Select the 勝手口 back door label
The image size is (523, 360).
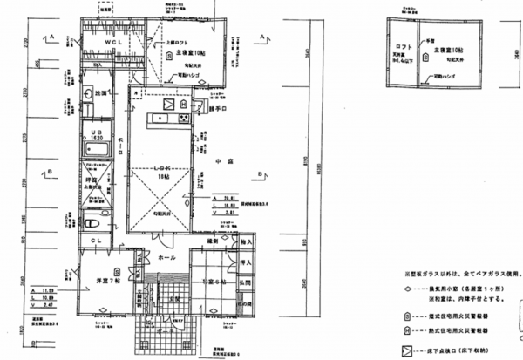click(217, 110)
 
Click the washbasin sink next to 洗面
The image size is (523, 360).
click(90, 93)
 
